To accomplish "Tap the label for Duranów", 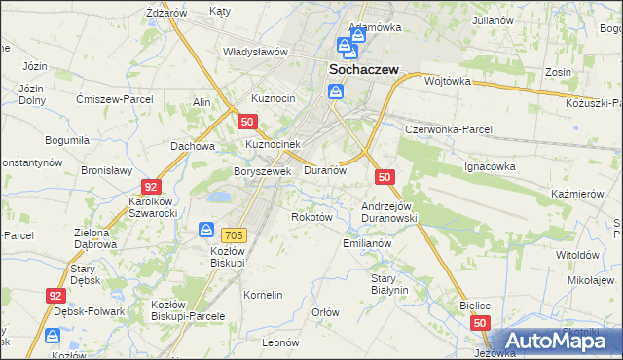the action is pyautogui.click(x=325, y=170).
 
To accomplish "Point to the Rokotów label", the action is pyautogui.click(x=312, y=217).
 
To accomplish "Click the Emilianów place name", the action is pyautogui.click(x=367, y=243).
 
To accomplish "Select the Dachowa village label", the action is pyautogui.click(x=192, y=146).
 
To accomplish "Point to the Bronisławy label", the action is pyautogui.click(x=106, y=169).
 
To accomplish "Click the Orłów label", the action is pyautogui.click(x=324, y=312).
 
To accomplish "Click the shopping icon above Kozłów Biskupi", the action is pyautogui.click(x=207, y=230).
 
